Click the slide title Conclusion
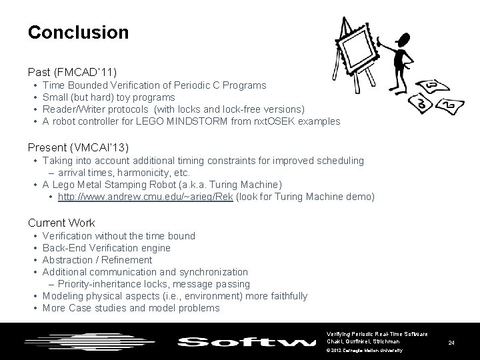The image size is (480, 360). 78,32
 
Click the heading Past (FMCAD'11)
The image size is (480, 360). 73,71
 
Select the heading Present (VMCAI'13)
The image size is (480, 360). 78,147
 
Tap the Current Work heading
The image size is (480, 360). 61,223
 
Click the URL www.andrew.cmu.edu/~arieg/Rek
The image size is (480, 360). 145,197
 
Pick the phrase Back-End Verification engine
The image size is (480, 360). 106,248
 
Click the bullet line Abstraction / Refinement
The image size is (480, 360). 97,260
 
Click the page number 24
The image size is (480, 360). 451,343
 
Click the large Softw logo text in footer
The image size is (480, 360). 246,342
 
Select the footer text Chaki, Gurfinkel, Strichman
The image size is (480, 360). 363,341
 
